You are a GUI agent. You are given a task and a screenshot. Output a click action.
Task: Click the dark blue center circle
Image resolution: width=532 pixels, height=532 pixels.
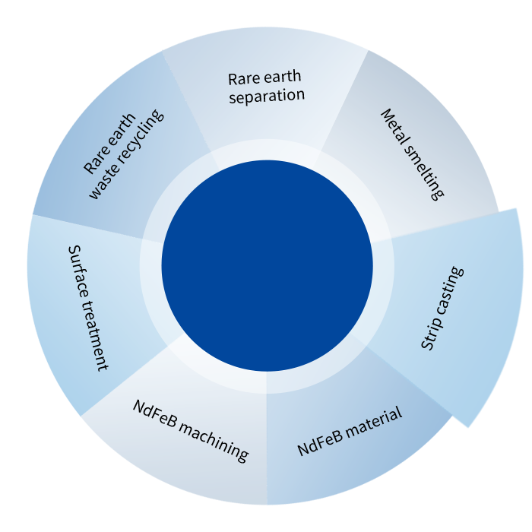click(267, 265)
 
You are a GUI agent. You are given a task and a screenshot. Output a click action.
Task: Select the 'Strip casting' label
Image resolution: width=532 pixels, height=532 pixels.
click(442, 309)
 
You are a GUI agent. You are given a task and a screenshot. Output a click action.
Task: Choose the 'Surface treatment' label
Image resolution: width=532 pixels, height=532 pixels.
click(87, 307)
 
